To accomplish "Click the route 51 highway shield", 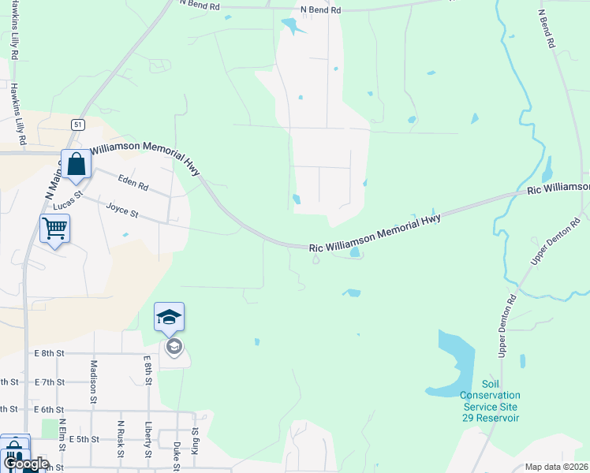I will click(77, 125).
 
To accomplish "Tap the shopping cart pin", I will click(54, 229).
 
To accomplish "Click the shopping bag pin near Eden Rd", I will click(76, 166).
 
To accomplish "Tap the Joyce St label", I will click(122, 210).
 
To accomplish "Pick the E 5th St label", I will click(84, 439).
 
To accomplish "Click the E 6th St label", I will click(48, 410).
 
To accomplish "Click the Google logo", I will click(25, 464).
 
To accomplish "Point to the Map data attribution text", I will click(557, 467).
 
